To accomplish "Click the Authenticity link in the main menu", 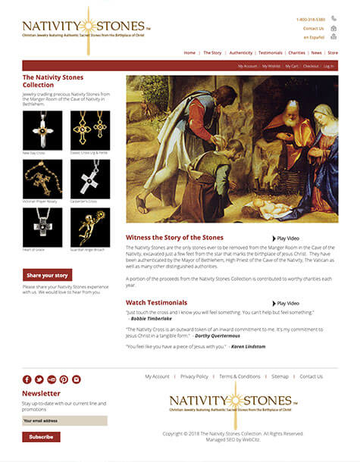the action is pos(241,53).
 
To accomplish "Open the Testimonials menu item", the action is pos(270,53).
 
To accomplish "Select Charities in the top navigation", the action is pos(296,53).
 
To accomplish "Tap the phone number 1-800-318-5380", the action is pos(310,19).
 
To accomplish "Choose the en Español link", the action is pos(313,37).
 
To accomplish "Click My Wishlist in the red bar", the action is pos(271,66).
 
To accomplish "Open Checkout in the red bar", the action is pos(311,66).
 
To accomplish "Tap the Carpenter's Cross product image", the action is pos(90,179).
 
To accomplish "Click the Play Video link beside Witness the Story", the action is pos(287,239).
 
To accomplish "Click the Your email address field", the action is pos(64,420).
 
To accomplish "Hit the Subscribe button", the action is pos(41,437).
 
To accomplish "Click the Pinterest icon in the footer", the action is pos(64,379).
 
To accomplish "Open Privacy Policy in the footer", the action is pos(194,376).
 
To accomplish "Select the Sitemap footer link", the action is pos(280,376).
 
